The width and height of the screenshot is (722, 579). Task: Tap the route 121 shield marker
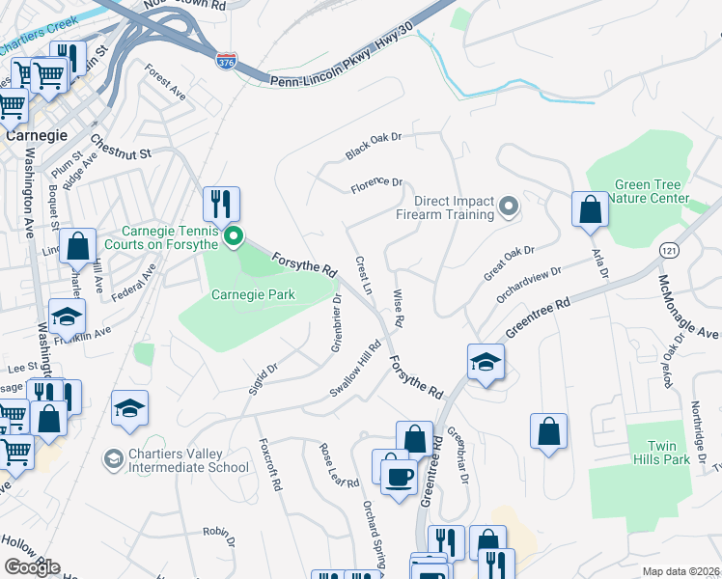[669, 250]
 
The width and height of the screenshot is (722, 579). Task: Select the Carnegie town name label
[34, 135]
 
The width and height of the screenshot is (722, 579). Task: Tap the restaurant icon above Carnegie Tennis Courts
[221, 204]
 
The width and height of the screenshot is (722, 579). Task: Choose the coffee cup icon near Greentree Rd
[398, 475]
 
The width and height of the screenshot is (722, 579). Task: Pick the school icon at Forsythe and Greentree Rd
[486, 362]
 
